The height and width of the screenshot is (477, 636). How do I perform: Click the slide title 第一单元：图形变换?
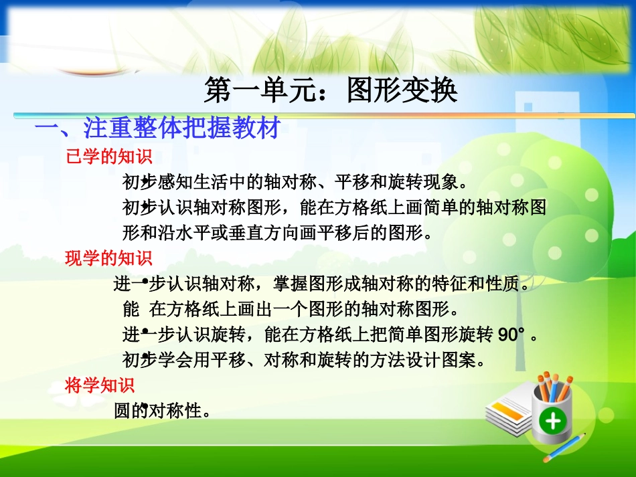(331, 90)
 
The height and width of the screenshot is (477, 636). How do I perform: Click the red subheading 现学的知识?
(108, 258)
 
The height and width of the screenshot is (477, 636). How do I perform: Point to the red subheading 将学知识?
(100, 385)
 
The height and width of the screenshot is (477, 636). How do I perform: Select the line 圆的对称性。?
(163, 411)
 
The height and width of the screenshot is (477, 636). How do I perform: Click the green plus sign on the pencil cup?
(552, 421)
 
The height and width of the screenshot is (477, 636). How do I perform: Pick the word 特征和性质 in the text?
(483, 284)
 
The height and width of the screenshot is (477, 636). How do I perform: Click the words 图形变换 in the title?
(402, 90)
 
